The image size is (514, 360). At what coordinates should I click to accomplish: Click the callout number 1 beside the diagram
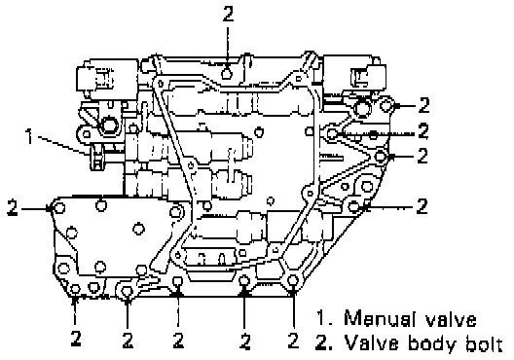(x=30, y=136)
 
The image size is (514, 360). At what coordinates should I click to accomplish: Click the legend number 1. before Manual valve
(x=324, y=318)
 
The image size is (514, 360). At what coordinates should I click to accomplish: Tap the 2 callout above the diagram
(x=228, y=14)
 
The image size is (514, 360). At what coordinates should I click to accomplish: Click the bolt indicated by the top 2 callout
(x=227, y=73)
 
